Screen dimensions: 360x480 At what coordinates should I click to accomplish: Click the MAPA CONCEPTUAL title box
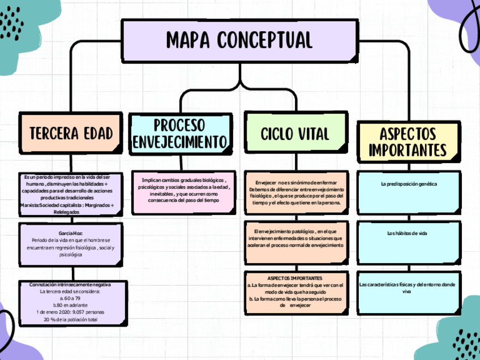click(239, 40)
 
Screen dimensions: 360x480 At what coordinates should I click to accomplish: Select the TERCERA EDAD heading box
click(71, 134)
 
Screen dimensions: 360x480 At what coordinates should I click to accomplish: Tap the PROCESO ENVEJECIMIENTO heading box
click(180, 134)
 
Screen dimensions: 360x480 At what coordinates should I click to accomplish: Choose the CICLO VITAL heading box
click(295, 134)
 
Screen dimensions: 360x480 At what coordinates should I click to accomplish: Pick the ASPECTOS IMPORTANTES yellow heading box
click(408, 142)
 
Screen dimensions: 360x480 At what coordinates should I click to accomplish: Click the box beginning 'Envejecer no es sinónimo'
click(295, 192)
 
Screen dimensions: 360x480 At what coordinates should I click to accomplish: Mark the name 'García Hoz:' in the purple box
click(70, 233)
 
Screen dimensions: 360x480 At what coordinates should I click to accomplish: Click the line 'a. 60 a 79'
click(70, 298)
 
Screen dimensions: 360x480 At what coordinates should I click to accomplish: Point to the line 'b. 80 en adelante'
click(70, 305)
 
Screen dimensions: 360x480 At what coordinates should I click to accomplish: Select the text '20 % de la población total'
click(70, 320)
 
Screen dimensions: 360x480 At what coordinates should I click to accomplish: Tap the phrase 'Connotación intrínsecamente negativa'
click(70, 284)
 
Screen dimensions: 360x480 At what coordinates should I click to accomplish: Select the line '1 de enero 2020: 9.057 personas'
click(70, 312)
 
